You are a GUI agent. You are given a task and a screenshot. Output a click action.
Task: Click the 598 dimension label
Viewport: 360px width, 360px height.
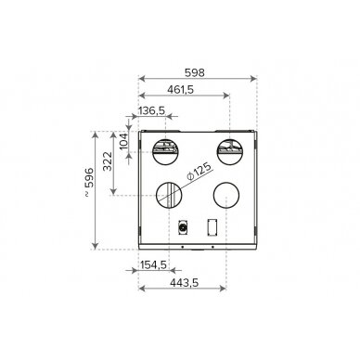pos(195,72)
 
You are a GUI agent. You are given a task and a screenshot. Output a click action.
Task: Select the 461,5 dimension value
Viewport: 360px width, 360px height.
pos(181,89)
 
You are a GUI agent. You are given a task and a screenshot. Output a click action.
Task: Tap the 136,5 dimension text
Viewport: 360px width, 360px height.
pos(151,110)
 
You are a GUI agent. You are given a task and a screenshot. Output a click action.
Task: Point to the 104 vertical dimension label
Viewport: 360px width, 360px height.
pos(123,142)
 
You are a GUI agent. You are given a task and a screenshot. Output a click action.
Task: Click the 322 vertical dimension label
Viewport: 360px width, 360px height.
pos(108,161)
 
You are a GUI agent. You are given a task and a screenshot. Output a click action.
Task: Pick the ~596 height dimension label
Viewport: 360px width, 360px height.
pos(88,182)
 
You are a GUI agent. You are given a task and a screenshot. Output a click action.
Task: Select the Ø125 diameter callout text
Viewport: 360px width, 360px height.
pos(199,171)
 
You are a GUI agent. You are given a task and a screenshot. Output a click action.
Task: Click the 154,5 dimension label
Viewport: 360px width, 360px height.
pos(153,264)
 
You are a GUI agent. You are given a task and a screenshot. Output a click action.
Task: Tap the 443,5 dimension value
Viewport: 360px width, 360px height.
pos(185,282)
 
